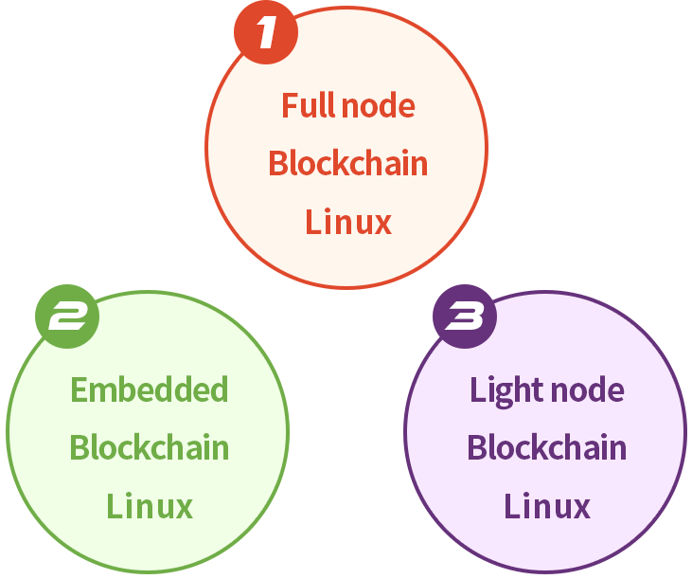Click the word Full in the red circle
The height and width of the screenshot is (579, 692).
tap(308, 105)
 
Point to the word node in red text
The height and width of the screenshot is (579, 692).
tap(378, 105)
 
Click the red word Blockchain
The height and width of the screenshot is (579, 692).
tap(347, 163)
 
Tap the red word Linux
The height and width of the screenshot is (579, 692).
tap(347, 222)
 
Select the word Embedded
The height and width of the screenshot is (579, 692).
tap(149, 389)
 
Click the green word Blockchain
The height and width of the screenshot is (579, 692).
tap(149, 447)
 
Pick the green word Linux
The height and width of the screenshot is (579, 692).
tap(149, 506)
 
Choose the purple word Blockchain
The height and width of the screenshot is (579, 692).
tap(546, 447)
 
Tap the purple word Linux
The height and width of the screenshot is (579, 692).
tap(546, 506)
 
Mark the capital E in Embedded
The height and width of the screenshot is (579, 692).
tap(79, 389)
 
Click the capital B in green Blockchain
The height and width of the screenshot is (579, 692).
tap(79, 447)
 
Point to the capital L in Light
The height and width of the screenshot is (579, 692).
tap(477, 389)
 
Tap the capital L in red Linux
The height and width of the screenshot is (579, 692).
tap(312, 222)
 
